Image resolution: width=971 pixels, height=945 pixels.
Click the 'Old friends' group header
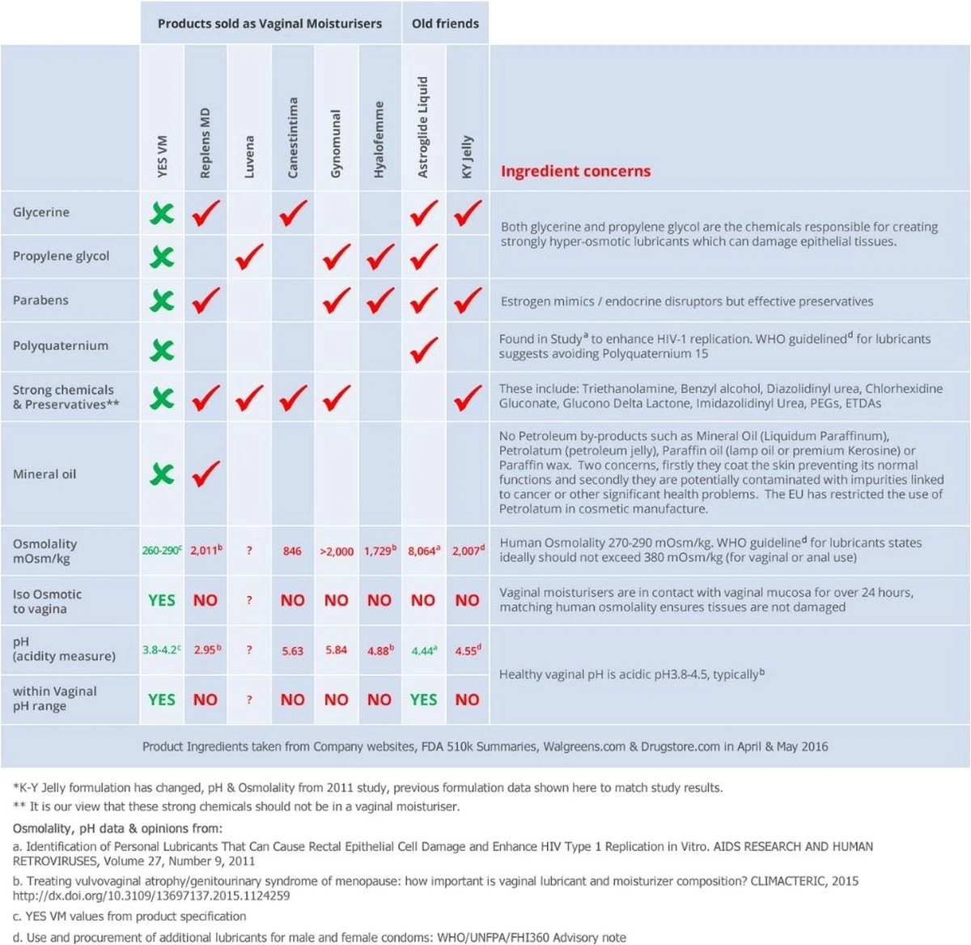[x=445, y=23]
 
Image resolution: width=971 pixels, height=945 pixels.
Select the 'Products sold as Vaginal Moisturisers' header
[x=269, y=23]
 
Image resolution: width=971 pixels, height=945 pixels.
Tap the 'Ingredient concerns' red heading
[x=575, y=171]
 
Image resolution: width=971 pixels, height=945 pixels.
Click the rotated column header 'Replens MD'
[x=205, y=143]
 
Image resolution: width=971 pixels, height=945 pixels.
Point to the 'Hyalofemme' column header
[x=379, y=139]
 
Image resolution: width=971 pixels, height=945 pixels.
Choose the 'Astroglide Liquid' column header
[x=423, y=127]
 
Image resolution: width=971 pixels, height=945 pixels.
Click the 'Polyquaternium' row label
[x=60, y=345]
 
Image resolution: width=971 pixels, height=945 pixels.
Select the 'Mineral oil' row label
[x=45, y=474]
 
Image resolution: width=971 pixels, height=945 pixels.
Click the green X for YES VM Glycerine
[x=162, y=213]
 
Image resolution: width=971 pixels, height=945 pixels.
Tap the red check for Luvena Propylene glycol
[x=249, y=257]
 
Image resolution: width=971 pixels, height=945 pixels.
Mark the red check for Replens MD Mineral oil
[x=206, y=473]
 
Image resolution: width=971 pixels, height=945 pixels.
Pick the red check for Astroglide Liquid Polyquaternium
[x=423, y=349]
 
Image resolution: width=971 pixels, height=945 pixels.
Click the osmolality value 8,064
[x=422, y=551]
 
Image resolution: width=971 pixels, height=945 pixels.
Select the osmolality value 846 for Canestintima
[x=292, y=551]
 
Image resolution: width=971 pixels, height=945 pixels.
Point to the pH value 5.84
[x=336, y=649]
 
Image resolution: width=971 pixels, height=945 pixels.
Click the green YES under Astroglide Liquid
[x=423, y=699]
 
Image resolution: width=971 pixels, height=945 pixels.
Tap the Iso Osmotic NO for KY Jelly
[x=467, y=600]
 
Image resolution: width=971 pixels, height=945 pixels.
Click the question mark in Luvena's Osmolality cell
[x=249, y=551]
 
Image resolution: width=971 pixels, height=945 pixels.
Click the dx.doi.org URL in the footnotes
[x=151, y=896]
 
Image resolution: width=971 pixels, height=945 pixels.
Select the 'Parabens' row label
[x=40, y=300]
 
